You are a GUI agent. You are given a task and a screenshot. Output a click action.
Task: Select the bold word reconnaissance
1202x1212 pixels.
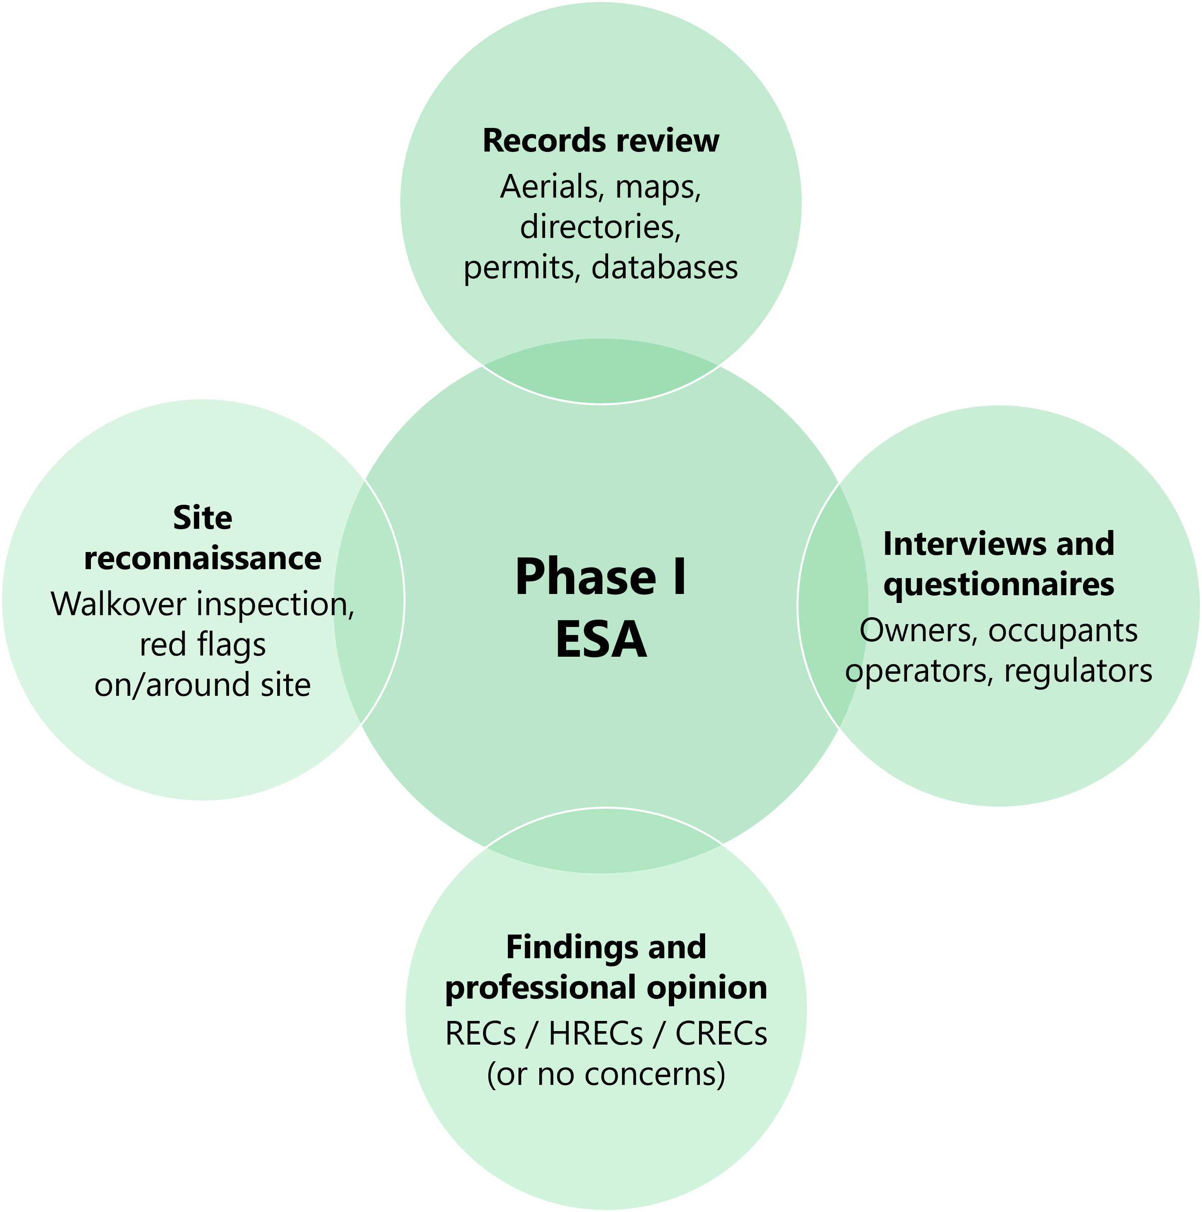[202, 558]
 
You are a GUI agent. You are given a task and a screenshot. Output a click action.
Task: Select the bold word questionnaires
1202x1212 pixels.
[998, 584]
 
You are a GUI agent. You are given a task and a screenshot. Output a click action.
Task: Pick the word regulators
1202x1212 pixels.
[1077, 671]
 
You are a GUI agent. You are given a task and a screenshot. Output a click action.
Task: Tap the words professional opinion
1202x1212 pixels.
[606, 988]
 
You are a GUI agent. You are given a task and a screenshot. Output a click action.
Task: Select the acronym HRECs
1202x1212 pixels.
[595, 1034]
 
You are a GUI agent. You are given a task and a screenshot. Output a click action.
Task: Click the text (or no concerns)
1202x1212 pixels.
[606, 1074]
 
